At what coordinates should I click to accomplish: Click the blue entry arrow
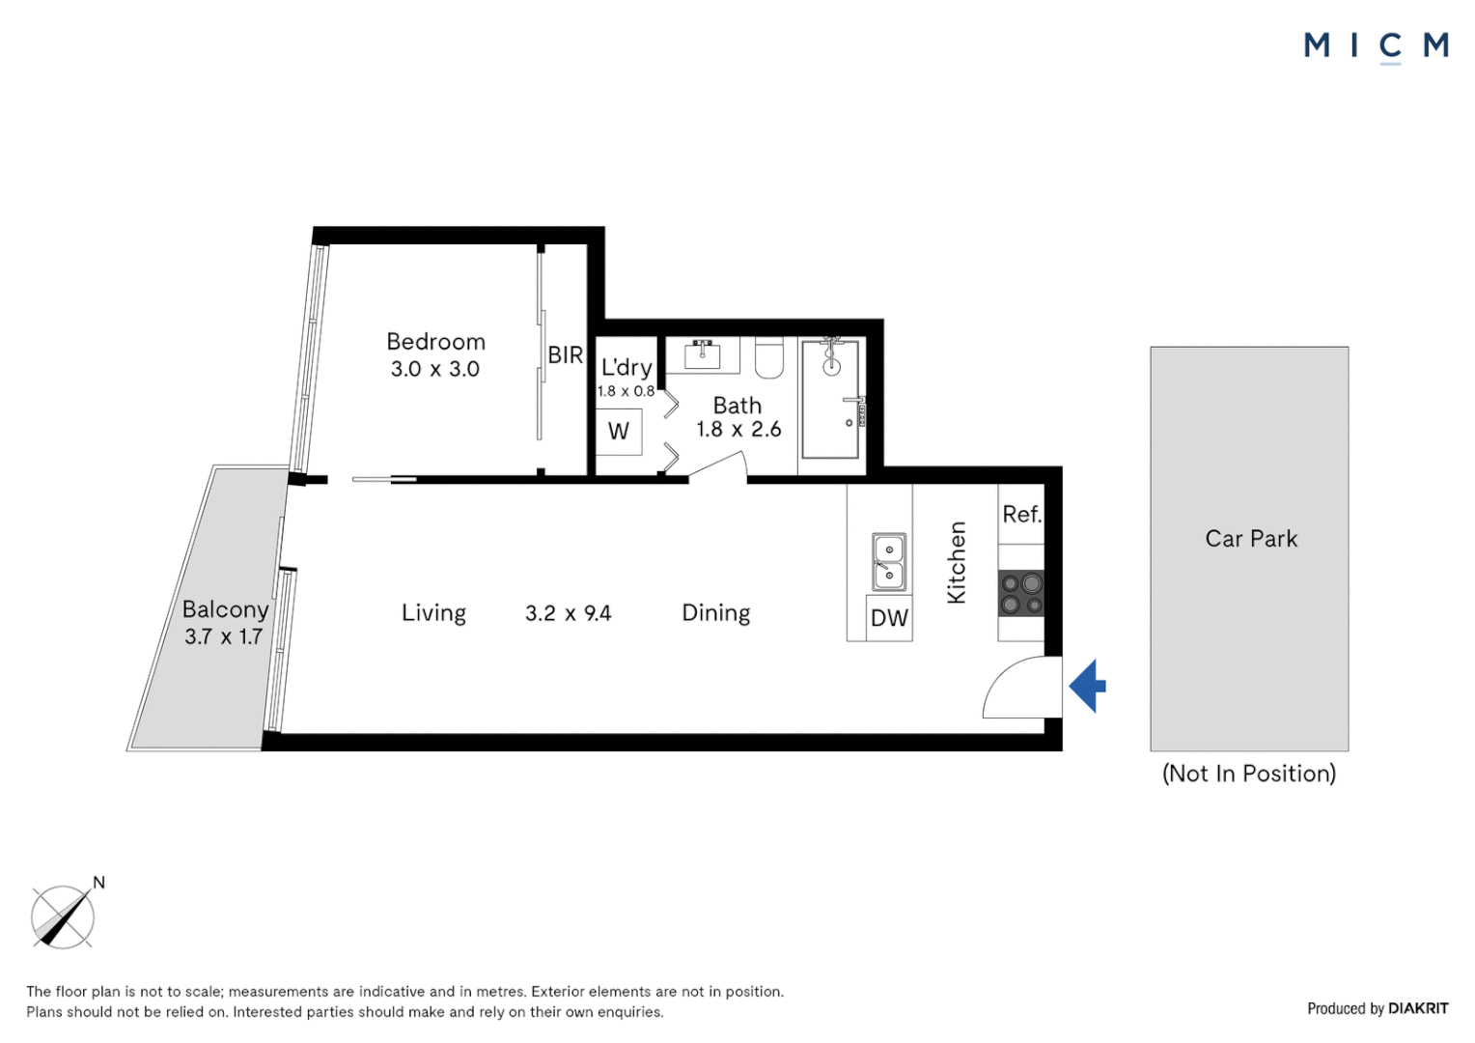[1087, 686]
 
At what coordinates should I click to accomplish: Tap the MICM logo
[1377, 47]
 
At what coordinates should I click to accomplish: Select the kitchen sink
[889, 561]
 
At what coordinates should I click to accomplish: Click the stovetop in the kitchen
[1020, 593]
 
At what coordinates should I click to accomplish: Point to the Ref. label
[1022, 515]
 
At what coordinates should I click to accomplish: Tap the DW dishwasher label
[889, 618]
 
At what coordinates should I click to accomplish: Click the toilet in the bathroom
[768, 357]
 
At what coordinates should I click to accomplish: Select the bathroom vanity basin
[703, 355]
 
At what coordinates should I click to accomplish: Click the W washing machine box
[619, 432]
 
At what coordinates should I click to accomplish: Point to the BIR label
[566, 355]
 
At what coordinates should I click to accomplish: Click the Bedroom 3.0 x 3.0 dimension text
[435, 369]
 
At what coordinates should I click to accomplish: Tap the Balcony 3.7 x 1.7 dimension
[224, 636]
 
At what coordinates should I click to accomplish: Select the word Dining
[715, 613]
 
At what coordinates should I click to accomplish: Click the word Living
[434, 613]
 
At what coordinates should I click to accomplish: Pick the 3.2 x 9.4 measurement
[569, 614]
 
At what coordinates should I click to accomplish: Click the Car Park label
[1251, 539]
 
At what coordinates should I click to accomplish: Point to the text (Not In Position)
[1249, 773]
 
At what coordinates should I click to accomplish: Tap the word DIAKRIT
[1418, 1009]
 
